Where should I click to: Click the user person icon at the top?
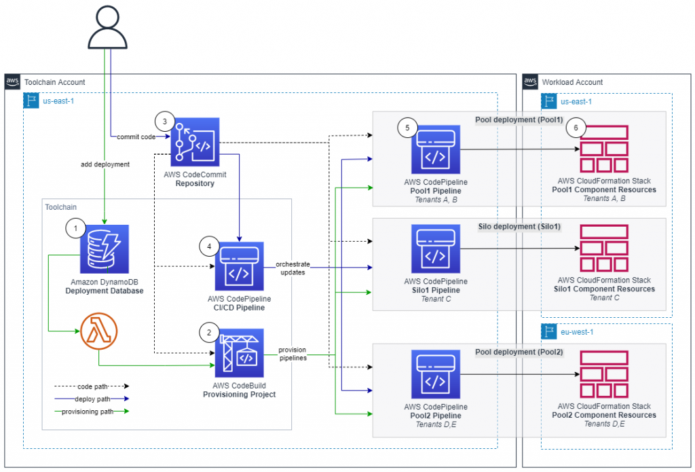coord(103,27)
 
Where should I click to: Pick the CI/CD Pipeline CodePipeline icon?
coord(239,266)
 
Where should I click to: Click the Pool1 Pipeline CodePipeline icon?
coord(435,149)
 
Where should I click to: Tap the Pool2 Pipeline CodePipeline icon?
coord(435,375)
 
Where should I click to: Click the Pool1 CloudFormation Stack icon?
coord(604,148)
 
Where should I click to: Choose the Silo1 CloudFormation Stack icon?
coord(604,249)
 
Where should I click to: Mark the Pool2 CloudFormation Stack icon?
coord(604,374)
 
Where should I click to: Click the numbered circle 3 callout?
coord(164,122)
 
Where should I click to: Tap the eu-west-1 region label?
coord(573,333)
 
